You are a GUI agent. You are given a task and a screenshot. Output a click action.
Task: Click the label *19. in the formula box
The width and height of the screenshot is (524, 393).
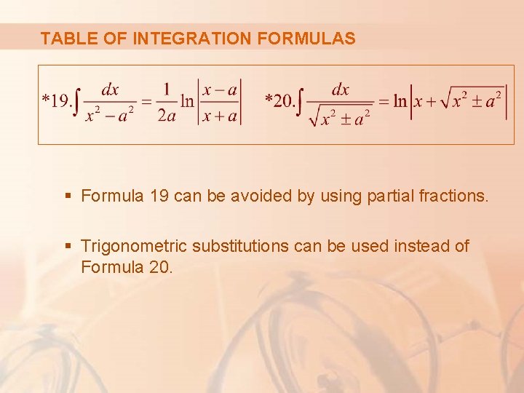pyautogui.click(x=57, y=100)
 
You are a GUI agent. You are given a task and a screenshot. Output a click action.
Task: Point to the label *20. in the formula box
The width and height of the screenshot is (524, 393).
pyautogui.click(x=280, y=100)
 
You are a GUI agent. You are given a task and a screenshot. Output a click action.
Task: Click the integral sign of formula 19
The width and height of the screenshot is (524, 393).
pyautogui.click(x=79, y=103)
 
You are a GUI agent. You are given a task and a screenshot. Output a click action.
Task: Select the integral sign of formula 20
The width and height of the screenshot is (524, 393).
pyautogui.click(x=302, y=103)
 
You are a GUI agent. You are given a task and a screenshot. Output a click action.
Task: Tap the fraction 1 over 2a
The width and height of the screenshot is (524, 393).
pyautogui.click(x=167, y=103)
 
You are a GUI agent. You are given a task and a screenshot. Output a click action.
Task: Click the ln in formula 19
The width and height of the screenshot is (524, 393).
pyautogui.click(x=188, y=101)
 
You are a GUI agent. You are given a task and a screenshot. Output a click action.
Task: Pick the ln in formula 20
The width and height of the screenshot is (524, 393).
pyautogui.click(x=400, y=101)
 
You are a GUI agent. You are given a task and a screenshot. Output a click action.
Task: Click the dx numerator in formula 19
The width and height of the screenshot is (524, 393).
pyautogui.click(x=110, y=90)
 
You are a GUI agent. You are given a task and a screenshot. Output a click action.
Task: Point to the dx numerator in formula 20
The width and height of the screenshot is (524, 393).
pyautogui.click(x=341, y=90)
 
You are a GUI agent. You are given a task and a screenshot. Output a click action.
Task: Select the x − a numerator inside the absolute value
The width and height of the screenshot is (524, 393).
pyautogui.click(x=219, y=90)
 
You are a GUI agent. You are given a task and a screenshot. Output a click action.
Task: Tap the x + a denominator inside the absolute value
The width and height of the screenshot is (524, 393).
pyautogui.click(x=219, y=115)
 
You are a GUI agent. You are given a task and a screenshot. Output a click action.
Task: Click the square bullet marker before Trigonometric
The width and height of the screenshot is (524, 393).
pyautogui.click(x=68, y=247)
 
